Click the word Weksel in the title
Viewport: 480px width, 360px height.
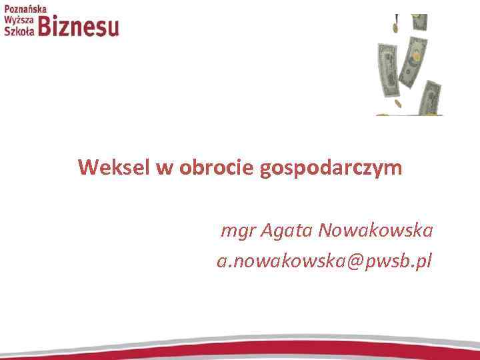(114, 167)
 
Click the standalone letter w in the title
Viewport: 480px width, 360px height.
(164, 168)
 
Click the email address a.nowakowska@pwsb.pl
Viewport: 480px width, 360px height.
(325, 261)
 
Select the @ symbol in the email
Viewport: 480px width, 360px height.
(353, 261)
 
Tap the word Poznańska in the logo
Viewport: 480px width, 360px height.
(25, 9)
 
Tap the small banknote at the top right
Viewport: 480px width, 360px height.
(418, 21)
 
